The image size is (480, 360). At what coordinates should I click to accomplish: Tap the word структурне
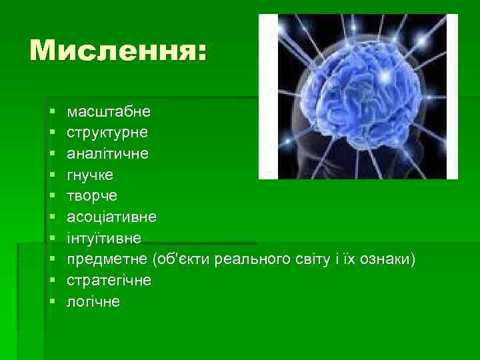(107, 132)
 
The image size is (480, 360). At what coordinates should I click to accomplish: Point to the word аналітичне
(107, 153)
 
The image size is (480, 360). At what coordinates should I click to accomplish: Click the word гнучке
(90, 175)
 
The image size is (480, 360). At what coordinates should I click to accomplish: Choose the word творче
(92, 195)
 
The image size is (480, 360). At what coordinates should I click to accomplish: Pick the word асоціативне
(112, 217)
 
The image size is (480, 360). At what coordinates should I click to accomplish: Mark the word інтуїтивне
(103, 238)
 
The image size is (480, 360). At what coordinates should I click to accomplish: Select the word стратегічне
(109, 281)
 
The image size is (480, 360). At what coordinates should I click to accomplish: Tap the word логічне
(93, 302)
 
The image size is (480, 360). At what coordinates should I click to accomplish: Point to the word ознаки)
(393, 259)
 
